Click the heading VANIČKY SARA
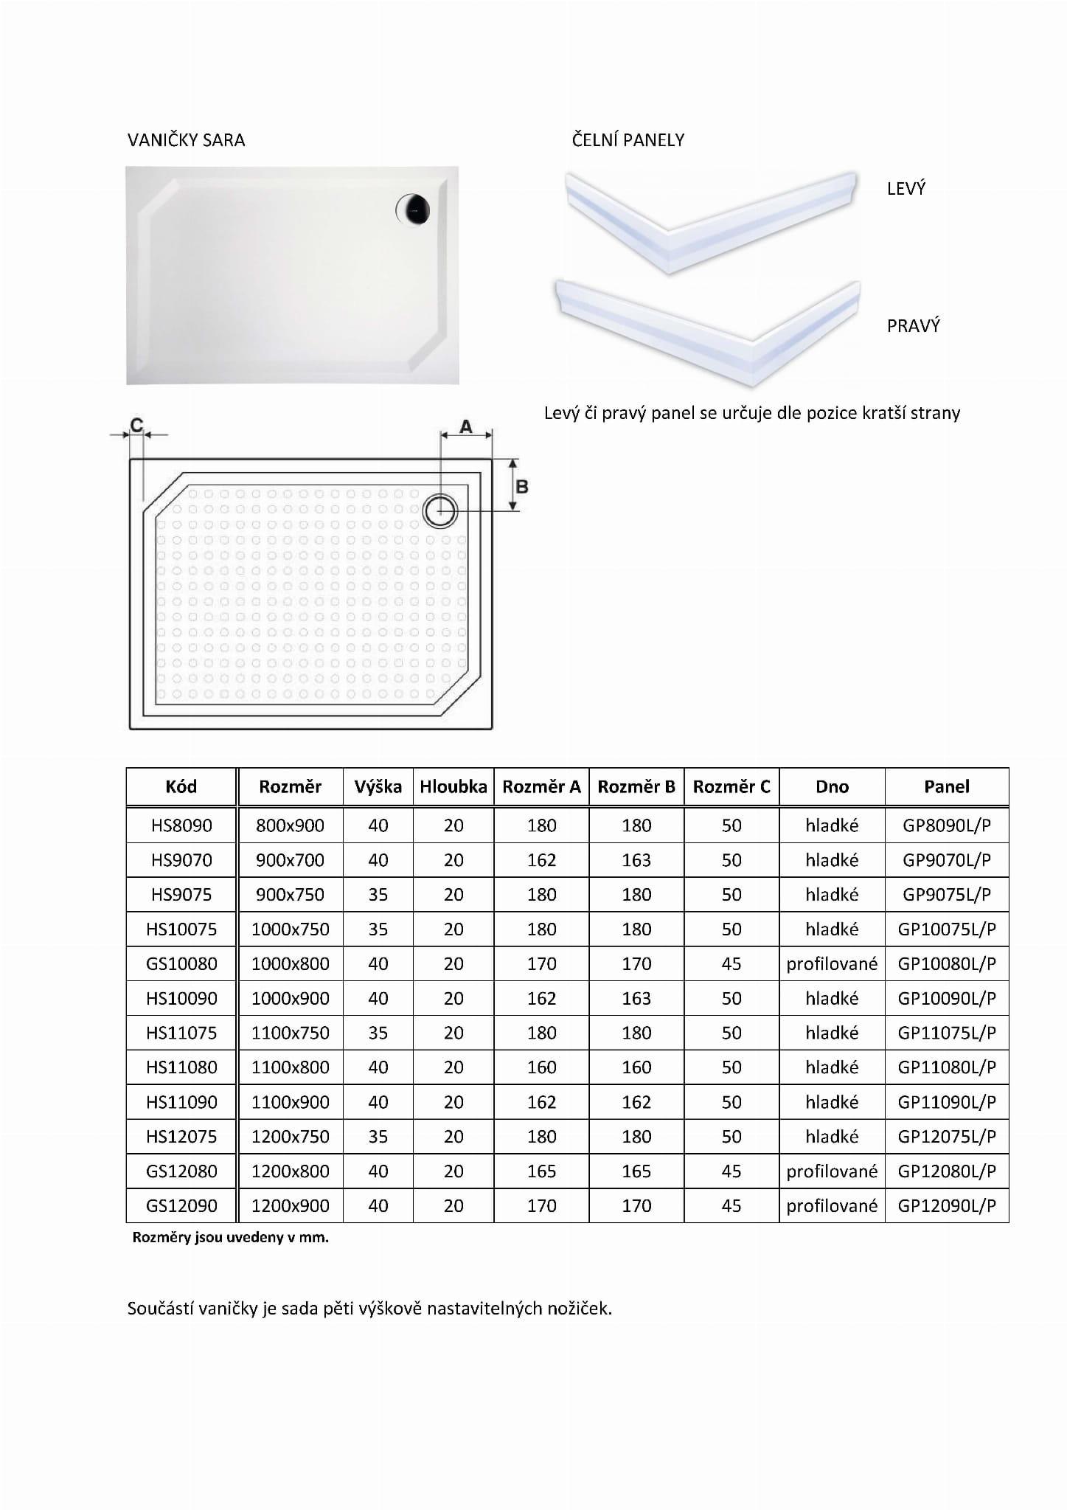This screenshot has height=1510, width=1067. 186,140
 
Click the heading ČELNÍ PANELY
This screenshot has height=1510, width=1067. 628,140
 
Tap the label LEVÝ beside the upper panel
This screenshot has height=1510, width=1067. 906,189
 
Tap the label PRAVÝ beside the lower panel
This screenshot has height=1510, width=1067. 913,326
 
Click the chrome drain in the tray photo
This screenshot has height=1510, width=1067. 412,209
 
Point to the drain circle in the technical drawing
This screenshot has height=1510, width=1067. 440,510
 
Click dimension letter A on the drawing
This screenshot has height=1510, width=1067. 465,426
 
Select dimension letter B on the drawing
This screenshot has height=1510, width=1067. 521,487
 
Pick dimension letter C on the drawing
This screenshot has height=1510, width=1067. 136,425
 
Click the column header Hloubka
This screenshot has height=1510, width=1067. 453,787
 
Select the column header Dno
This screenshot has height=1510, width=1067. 832,787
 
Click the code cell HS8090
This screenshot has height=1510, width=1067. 181,825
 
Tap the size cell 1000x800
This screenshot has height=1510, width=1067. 290,964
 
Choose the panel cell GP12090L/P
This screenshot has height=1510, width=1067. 946,1206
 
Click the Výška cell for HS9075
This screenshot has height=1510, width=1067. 378,895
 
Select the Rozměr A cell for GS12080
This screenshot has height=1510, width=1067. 541,1171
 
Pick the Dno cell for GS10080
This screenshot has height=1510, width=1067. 832,964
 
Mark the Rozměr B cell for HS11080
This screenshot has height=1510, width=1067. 636,1067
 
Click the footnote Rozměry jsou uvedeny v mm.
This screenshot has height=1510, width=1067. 230,1238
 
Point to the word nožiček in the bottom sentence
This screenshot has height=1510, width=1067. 579,1309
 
